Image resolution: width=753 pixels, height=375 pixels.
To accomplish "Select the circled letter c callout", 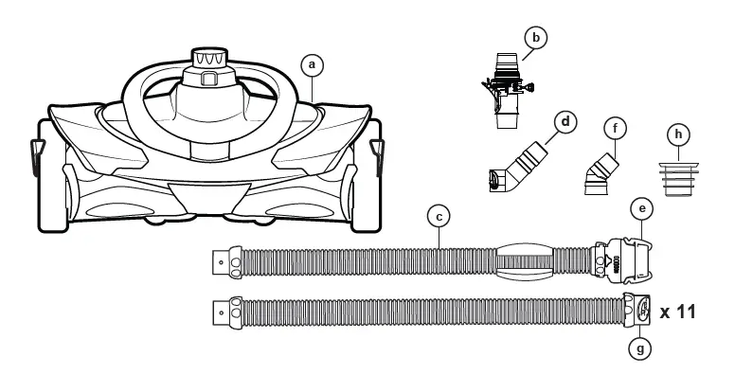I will [437, 217].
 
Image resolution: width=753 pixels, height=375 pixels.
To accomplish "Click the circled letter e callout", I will [641, 206].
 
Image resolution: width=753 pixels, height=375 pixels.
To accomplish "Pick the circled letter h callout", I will [677, 135].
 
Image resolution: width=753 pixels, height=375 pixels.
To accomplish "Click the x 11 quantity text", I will [678, 311].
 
